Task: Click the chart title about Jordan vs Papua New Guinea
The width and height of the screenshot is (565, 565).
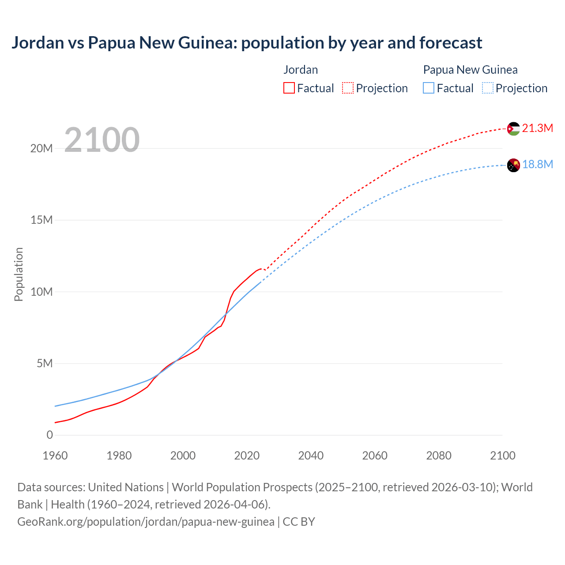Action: pyautogui.click(x=246, y=43)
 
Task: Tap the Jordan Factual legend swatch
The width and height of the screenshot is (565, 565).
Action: pyautogui.click(x=289, y=88)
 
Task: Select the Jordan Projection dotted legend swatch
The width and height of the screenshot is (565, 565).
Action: pyautogui.click(x=348, y=88)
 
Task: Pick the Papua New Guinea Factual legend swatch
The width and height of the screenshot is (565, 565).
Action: pyautogui.click(x=429, y=88)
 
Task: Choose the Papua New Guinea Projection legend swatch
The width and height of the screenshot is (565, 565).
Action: pyautogui.click(x=488, y=88)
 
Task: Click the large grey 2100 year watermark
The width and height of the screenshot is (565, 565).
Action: pyautogui.click(x=102, y=140)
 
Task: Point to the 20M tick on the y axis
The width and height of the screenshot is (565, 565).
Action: pyautogui.click(x=41, y=148)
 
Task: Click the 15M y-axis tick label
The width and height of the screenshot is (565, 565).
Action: pyautogui.click(x=41, y=220)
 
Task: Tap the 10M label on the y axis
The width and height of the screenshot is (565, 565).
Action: pyautogui.click(x=41, y=292)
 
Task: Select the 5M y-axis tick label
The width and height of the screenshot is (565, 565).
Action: pyautogui.click(x=45, y=363)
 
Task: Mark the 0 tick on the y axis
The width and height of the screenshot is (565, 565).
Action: pyautogui.click(x=49, y=435)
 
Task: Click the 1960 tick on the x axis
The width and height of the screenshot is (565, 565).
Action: pyautogui.click(x=55, y=456)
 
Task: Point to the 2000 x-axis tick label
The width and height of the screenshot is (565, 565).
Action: pyautogui.click(x=183, y=456)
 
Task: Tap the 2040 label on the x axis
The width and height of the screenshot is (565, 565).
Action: pyautogui.click(x=311, y=456)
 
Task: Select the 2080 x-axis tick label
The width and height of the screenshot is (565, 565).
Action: pyautogui.click(x=439, y=456)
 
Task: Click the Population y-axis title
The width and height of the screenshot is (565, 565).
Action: pyautogui.click(x=19, y=274)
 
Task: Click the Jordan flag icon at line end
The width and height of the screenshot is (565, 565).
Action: pyautogui.click(x=513, y=129)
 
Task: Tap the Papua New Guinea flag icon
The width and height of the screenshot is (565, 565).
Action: pyautogui.click(x=513, y=165)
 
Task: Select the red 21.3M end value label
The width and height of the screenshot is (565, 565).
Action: pyautogui.click(x=537, y=128)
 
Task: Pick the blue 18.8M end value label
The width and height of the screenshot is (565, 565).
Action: pyautogui.click(x=537, y=165)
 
